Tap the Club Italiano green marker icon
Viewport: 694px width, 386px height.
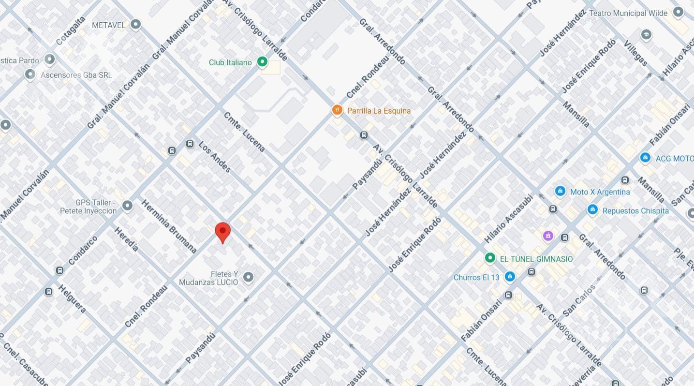click(x=262, y=61)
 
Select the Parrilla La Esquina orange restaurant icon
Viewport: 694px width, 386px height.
click(x=337, y=110)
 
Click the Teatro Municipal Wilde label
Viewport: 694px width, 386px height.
click(x=628, y=13)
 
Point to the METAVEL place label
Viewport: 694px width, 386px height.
click(x=108, y=25)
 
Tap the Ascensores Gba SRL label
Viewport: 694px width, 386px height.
click(x=76, y=75)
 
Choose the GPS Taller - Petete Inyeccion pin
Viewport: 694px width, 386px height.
click(x=127, y=206)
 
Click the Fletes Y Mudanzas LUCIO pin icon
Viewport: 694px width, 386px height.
click(x=248, y=277)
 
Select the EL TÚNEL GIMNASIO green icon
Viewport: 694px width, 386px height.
click(x=489, y=258)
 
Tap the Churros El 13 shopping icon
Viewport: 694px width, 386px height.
click(x=510, y=277)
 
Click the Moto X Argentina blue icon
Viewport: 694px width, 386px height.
click(x=560, y=192)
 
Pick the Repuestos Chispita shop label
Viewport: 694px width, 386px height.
click(x=635, y=211)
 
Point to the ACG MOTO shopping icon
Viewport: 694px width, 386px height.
click(x=645, y=158)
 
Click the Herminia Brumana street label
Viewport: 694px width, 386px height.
click(x=169, y=226)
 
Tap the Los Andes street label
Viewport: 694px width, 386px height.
click(x=215, y=157)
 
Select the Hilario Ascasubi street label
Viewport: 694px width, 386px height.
click(x=508, y=219)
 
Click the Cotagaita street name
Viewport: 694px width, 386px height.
click(x=71, y=30)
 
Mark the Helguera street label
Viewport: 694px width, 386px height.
click(x=72, y=298)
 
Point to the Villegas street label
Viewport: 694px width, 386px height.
click(x=635, y=53)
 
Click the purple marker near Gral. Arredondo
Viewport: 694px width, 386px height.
click(x=547, y=236)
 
